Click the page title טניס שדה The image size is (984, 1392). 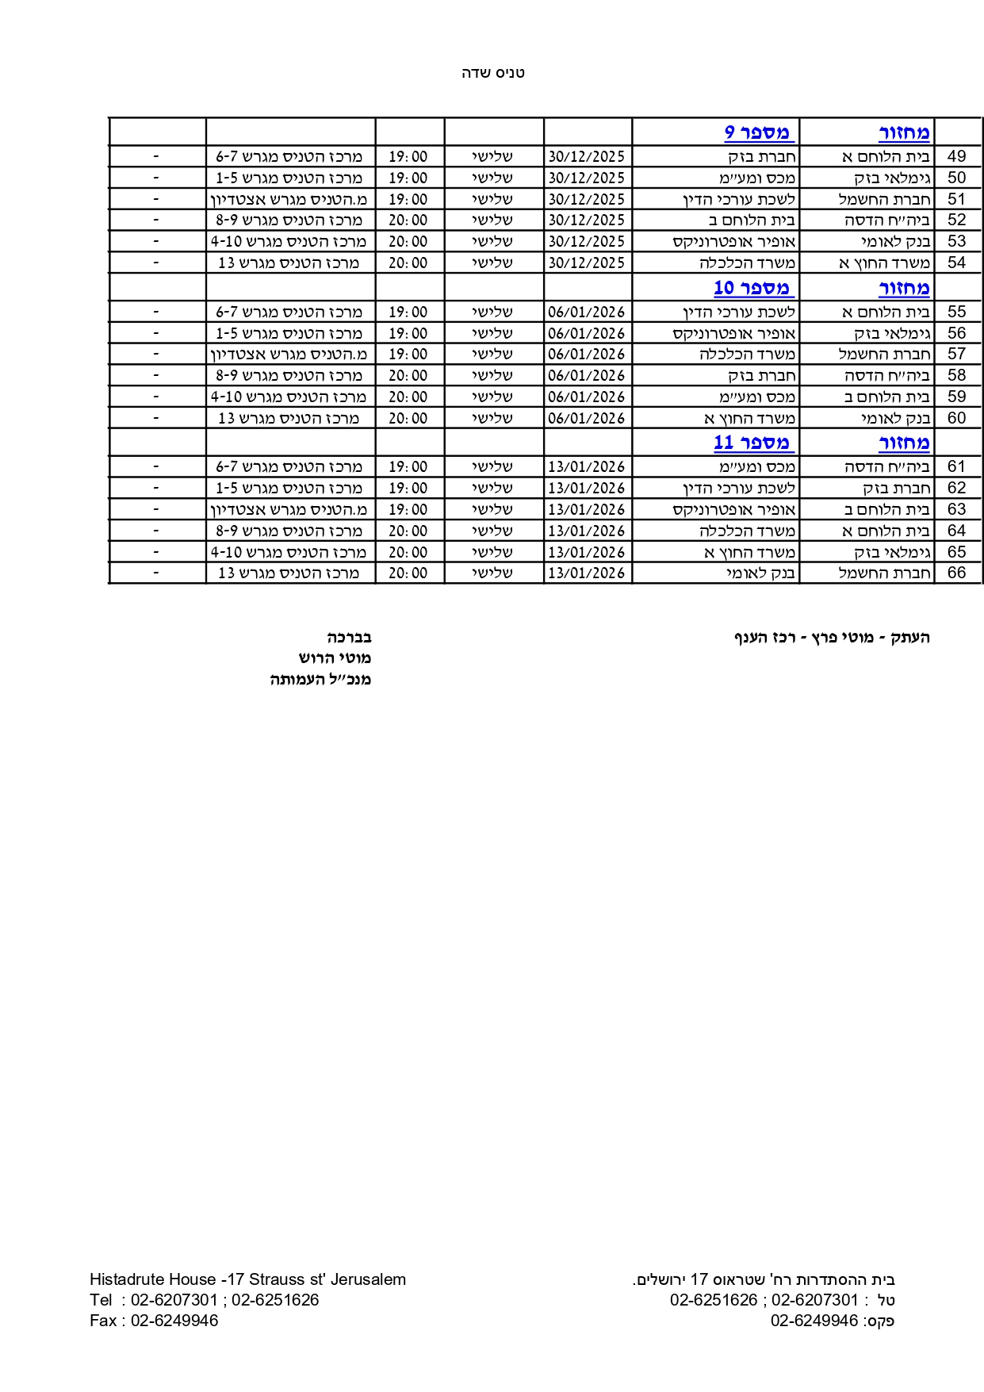493,73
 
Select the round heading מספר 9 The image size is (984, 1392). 759,132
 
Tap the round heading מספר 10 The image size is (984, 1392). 753,287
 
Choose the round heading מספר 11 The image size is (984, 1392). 753,442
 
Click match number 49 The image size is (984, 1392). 957,156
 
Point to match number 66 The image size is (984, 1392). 957,573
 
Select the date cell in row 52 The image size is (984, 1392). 587,220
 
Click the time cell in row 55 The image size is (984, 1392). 408,313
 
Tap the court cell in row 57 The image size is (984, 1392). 289,355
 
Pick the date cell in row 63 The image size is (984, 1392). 587,509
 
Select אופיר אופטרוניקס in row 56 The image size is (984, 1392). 733,334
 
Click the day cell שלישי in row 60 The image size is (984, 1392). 492,418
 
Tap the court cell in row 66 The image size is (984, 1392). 289,573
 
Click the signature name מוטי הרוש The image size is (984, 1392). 335,658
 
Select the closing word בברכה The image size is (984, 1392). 349,637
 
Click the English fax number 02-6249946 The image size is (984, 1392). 174,1321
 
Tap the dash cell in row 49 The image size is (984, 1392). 156,156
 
